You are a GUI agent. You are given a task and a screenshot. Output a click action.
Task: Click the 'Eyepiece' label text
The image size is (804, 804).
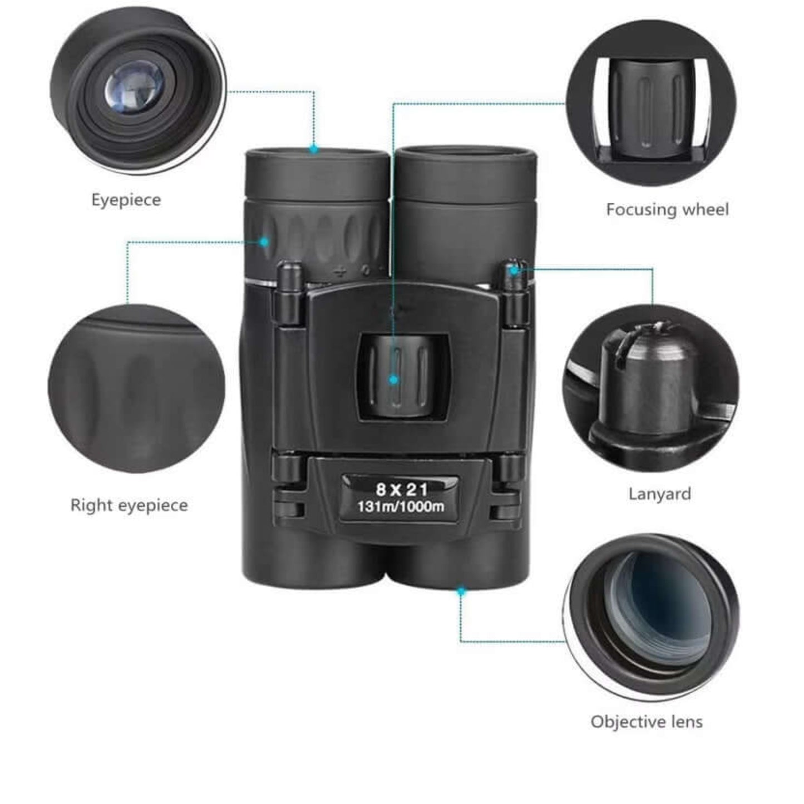click(x=126, y=200)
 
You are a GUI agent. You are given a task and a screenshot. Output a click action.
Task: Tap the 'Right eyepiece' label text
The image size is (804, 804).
click(x=129, y=506)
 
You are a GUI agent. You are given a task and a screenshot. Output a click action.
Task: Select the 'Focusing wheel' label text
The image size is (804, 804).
click(x=667, y=209)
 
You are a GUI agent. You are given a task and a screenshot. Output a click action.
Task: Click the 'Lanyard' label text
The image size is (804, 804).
click(x=660, y=495)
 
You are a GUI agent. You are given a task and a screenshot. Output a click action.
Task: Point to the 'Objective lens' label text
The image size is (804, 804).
click(x=647, y=722)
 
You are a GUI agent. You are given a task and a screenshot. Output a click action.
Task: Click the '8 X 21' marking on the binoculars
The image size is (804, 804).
click(x=402, y=489)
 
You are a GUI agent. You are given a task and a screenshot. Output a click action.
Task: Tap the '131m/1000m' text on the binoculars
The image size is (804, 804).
click(x=401, y=507)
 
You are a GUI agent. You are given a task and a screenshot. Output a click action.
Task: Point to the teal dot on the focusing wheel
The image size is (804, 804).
click(x=393, y=380)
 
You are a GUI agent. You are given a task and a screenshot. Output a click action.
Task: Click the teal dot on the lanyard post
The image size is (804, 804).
click(x=515, y=270)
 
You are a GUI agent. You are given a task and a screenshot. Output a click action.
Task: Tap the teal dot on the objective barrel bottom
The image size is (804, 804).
click(x=461, y=591)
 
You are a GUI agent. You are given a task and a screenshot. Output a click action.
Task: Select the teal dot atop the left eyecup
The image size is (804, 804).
click(x=314, y=148)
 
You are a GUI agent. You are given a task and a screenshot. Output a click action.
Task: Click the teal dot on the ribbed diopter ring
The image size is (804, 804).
click(x=264, y=241)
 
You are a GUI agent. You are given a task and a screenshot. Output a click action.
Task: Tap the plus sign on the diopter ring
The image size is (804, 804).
click(x=341, y=273)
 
